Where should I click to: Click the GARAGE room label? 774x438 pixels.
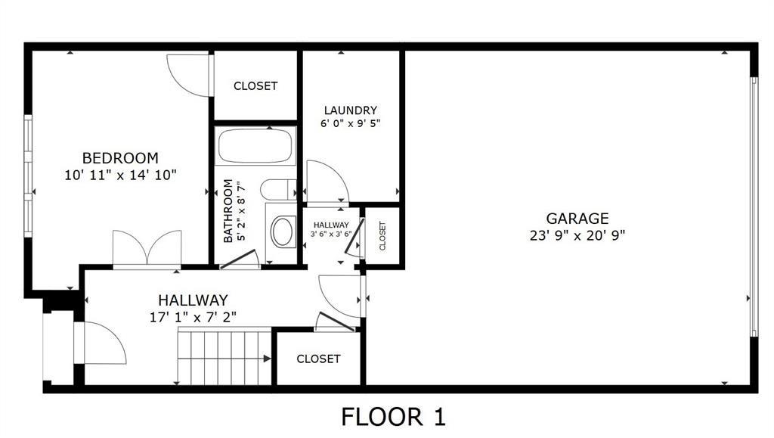pos(577,219)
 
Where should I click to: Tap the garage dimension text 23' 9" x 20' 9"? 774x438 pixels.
pos(577,235)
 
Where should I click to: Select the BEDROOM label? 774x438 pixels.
pos(120,158)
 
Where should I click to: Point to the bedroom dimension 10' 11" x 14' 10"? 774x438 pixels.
pos(120,175)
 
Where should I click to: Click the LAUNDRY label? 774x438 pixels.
pos(350,110)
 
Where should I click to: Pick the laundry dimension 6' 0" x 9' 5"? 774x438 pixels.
pos(350,124)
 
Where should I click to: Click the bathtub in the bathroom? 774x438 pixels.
pos(254,147)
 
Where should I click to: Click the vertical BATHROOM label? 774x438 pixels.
pos(228,211)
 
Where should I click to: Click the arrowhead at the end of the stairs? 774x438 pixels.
pos(267,359)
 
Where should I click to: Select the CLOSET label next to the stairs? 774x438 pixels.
pos(318,359)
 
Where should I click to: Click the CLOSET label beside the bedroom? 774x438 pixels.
pos(255,86)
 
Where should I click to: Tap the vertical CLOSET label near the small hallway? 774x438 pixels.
pos(382,235)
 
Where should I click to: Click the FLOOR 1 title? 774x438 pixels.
pos(393,416)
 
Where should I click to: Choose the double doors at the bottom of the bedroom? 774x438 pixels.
pos(147,250)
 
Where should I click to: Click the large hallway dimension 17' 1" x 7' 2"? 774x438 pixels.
pos(193,317)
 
